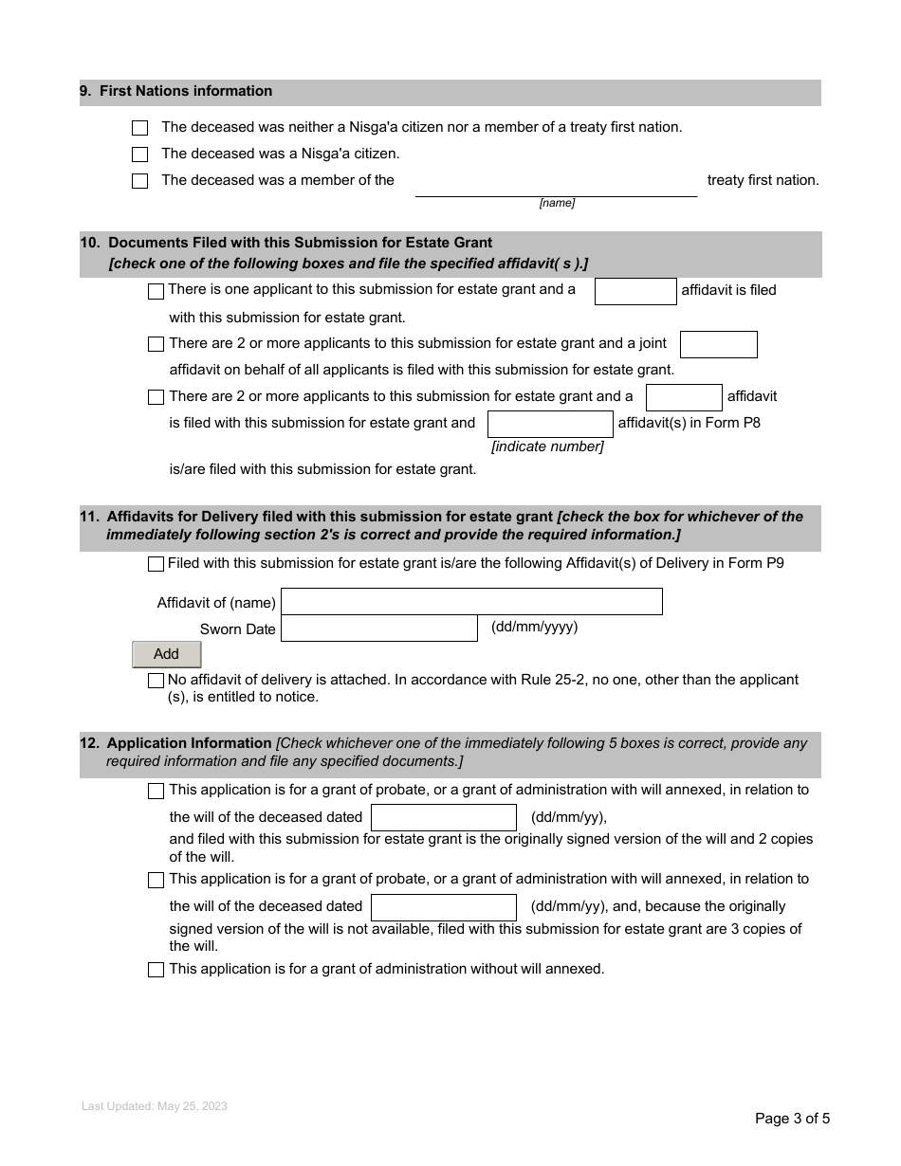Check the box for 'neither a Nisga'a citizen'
pos(140,128)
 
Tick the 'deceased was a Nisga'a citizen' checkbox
pos(140,155)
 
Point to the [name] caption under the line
pos(557,203)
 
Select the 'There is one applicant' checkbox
pos(156,291)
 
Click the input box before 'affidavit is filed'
pos(634,291)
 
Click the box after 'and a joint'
pos(718,344)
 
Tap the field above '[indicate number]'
pos(550,424)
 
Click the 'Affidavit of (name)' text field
pos(471,602)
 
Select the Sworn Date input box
pos(379,629)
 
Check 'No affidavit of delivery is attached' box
pos(156,681)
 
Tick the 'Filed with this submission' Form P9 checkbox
pos(156,565)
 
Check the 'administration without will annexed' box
pos(156,970)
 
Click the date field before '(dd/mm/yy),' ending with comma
pos(443,817)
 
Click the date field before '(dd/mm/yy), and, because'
pos(443,907)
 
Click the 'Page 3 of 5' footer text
pos(792,1119)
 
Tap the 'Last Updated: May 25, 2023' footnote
pos(155,1106)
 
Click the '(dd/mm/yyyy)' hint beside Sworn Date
pos(534,627)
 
